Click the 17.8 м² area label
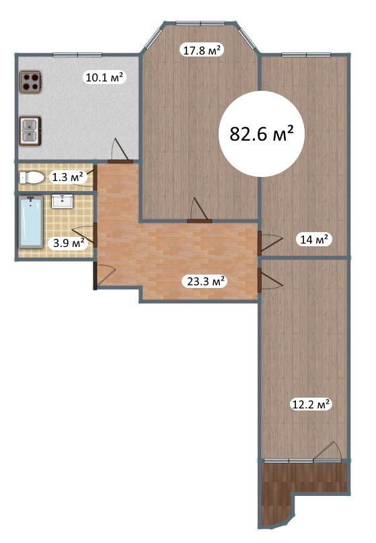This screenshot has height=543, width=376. pos(202,50)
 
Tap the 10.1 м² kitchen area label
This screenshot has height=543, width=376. pos(104,77)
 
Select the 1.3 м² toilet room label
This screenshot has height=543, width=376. pos(67,178)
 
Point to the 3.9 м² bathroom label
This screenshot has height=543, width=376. pos(69,243)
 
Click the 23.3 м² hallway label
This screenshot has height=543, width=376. pos(204,281)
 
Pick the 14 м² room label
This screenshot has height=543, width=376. pos(314,239)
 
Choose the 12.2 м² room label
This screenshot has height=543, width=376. pos(310,404)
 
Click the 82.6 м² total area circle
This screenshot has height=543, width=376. pos(262,134)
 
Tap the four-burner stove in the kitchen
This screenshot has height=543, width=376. pos(30,82)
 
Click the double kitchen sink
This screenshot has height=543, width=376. pos(30,131)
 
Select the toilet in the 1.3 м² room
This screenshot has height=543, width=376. pos(32,178)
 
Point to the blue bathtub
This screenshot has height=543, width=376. pos(31,222)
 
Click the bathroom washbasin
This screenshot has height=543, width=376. pos(62,201)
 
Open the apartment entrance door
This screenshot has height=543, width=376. pos(103,276)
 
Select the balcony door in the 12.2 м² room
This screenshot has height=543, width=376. pos(328,452)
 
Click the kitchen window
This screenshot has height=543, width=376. pos(77,55)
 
